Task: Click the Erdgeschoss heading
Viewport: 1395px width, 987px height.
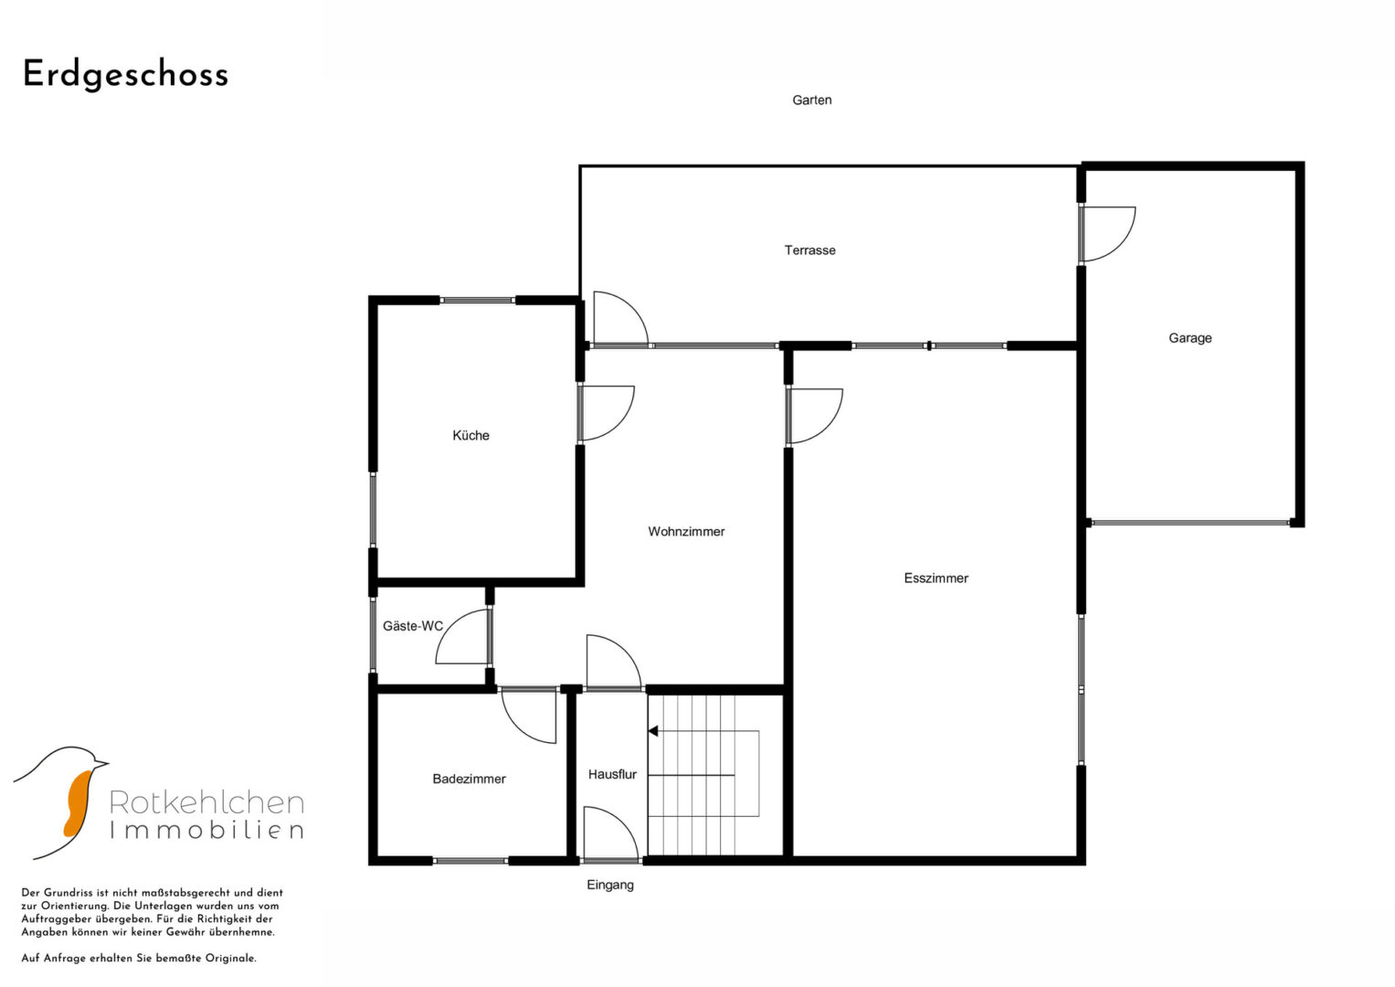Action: click(x=126, y=76)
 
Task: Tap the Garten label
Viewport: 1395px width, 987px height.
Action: click(x=811, y=100)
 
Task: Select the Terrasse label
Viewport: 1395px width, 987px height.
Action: click(x=809, y=249)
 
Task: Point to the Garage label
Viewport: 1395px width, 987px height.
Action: click(x=1189, y=338)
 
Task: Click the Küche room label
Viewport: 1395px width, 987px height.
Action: click(x=470, y=436)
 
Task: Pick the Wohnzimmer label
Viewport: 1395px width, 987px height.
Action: click(x=686, y=532)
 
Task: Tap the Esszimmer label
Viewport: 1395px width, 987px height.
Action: click(x=936, y=578)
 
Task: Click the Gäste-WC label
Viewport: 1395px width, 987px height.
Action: click(x=413, y=626)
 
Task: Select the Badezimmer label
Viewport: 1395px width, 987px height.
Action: click(x=469, y=779)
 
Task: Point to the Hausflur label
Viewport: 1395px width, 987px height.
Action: click(x=612, y=775)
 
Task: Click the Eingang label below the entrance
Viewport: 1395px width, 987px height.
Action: click(x=610, y=885)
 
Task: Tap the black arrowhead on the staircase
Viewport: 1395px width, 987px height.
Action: click(x=652, y=731)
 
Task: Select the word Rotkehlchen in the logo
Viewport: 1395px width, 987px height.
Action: click(x=206, y=802)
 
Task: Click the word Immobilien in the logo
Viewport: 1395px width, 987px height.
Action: click(x=206, y=830)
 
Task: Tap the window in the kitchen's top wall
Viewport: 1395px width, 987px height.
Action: click(x=478, y=301)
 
